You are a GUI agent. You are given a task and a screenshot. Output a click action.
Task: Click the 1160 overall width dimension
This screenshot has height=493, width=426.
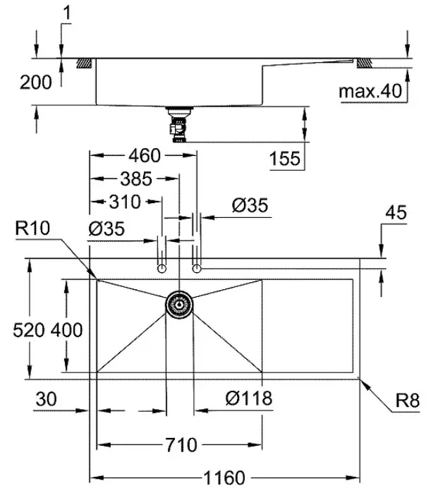click(224, 478)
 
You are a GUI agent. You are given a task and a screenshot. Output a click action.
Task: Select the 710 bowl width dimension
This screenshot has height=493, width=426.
click(181, 445)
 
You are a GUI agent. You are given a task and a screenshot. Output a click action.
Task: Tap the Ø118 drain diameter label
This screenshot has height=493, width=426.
click(249, 398)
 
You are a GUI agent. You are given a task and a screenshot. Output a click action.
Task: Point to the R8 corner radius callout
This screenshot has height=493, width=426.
click(408, 401)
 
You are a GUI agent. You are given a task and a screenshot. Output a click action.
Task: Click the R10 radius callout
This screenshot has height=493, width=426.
click(32, 228)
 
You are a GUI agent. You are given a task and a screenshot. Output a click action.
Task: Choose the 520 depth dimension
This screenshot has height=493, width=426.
click(29, 330)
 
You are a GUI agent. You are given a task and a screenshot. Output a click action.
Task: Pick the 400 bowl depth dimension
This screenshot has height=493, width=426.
click(67, 330)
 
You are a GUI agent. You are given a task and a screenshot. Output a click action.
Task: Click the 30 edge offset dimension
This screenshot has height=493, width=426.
click(47, 399)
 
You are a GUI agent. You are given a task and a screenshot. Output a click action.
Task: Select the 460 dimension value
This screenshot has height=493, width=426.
click(145, 155)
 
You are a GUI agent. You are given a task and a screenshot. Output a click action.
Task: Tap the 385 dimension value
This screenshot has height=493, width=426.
click(136, 178)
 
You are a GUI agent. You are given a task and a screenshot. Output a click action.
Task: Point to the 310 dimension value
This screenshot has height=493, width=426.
click(125, 202)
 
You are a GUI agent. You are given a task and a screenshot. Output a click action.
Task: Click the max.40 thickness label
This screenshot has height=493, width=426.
click(371, 91)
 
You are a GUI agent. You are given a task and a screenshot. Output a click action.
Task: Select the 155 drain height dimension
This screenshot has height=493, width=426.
click(285, 158)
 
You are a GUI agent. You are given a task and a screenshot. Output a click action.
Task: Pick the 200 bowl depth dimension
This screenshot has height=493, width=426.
click(35, 83)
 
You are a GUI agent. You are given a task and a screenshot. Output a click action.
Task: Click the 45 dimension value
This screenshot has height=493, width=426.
click(396, 212)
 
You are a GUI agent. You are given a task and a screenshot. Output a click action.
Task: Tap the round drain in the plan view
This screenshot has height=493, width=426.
click(179, 305)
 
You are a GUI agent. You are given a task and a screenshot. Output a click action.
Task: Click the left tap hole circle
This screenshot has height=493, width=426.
click(162, 269)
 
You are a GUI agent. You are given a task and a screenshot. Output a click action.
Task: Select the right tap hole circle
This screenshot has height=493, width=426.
click(197, 269)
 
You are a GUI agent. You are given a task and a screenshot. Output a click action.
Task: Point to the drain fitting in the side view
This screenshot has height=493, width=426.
click(179, 125)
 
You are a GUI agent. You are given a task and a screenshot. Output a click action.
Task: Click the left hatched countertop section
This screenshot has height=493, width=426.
click(84, 63)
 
